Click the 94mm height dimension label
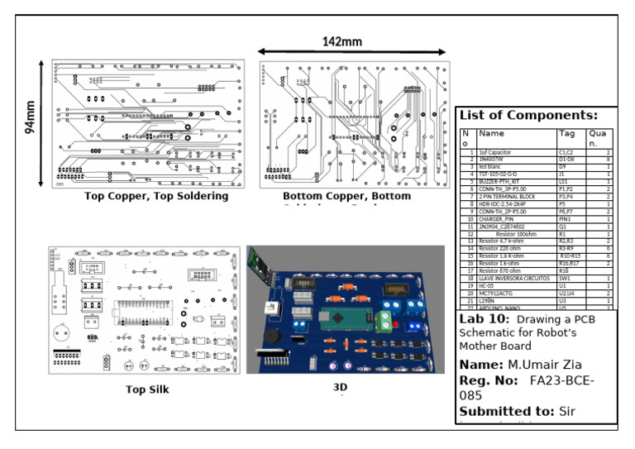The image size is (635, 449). (x=31, y=117)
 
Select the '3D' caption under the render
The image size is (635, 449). (x=339, y=386)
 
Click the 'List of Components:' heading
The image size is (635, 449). (x=528, y=115)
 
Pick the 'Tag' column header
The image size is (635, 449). (x=567, y=132)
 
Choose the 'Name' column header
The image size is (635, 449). (x=491, y=132)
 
